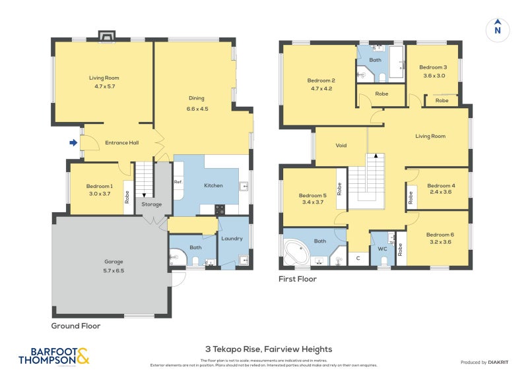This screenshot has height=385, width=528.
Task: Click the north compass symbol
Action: coord(498,29)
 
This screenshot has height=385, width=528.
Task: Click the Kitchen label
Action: coord(213,186)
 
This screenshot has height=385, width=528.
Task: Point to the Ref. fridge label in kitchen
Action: coord(178,182)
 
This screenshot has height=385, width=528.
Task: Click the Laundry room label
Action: coord(232,239)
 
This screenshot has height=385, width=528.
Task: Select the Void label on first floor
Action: coord(341,146)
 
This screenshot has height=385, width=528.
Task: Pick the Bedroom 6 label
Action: coord(440,235)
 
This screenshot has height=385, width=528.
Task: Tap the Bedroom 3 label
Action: coord(433,67)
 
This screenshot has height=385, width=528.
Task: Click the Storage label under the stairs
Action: coord(151,204)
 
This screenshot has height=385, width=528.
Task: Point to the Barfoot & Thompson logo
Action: coord(53,357)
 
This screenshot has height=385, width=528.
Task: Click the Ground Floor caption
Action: coord(76,326)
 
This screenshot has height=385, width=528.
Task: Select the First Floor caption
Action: coord(298,279)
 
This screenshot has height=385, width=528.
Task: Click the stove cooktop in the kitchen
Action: coord(220,210)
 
